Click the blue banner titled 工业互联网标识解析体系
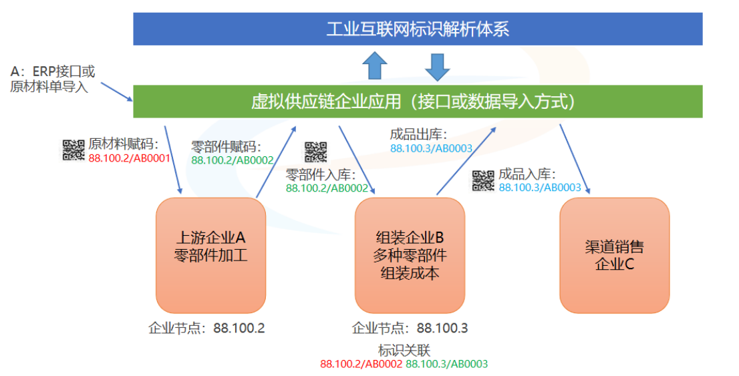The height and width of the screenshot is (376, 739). (x=418, y=29)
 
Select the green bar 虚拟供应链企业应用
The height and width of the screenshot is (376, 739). (x=418, y=102)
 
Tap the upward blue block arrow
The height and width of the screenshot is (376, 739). (x=375, y=65)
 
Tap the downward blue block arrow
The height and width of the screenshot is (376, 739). (x=438, y=67)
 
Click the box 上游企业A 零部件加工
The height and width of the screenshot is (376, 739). (x=210, y=255)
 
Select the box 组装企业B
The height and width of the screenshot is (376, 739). (x=410, y=255)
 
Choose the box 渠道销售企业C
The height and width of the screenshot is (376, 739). (x=614, y=255)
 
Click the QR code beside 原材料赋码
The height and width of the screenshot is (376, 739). (x=73, y=150)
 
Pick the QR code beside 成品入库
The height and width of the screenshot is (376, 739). (x=483, y=180)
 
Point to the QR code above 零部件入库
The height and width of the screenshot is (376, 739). (x=316, y=152)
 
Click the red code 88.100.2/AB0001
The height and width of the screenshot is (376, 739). (x=129, y=158)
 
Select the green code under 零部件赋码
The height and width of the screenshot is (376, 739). (x=233, y=160)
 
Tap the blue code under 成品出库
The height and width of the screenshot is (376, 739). (x=431, y=148)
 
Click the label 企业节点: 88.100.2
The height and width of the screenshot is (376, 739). (x=206, y=328)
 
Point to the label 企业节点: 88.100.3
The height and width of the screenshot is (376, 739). (x=410, y=328)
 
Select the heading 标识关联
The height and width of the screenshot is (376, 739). (x=404, y=350)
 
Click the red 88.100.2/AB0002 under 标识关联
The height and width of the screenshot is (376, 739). (x=361, y=364)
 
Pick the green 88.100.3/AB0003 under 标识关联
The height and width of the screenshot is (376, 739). (x=447, y=364)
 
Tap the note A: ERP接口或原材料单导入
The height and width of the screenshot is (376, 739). (x=52, y=79)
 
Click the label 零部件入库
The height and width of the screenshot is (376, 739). (x=321, y=175)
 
